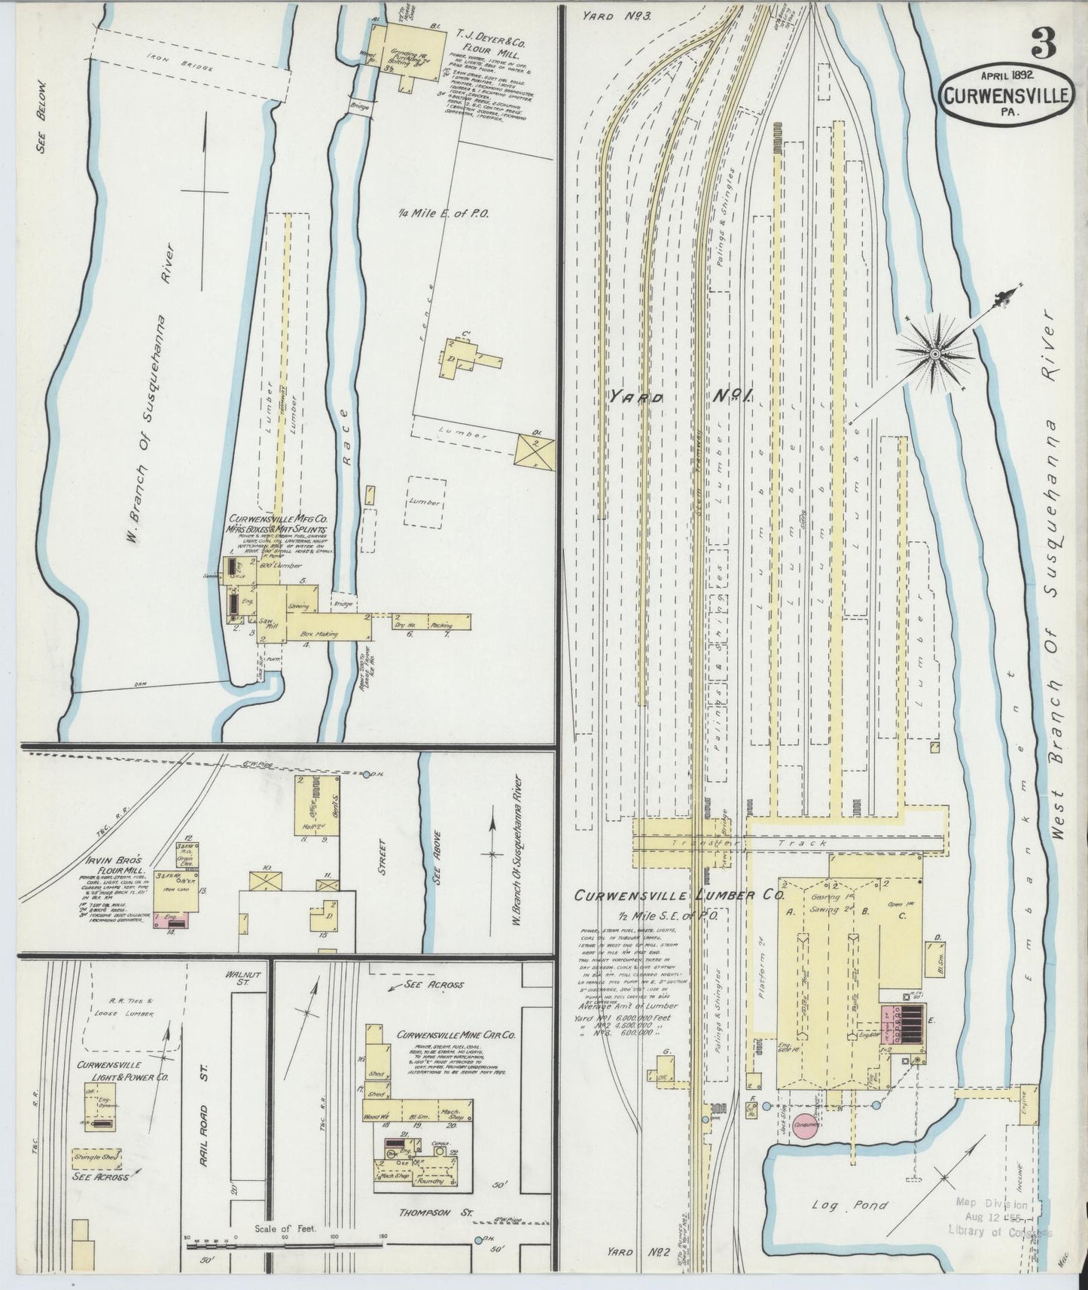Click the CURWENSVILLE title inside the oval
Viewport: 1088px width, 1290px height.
point(1005,95)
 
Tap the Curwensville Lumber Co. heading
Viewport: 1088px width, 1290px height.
point(679,896)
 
